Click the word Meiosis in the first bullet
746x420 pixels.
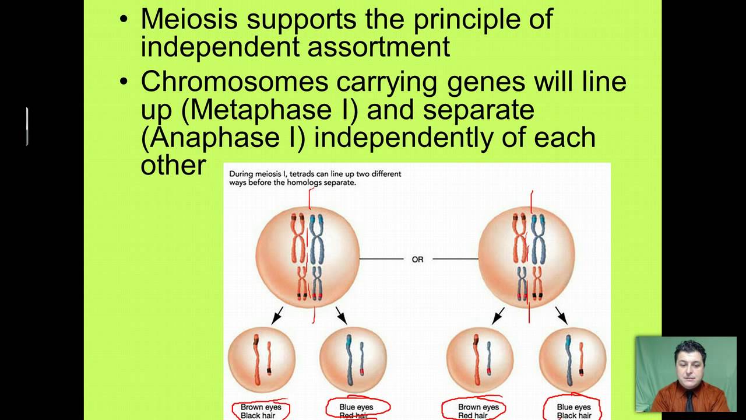(x=189, y=19)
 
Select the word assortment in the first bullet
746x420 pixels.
(x=378, y=47)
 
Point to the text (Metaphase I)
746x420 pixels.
(x=270, y=110)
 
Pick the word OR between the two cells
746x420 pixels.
(x=417, y=259)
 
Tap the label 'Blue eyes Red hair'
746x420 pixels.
(x=356, y=411)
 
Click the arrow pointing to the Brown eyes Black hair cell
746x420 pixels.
(x=277, y=315)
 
